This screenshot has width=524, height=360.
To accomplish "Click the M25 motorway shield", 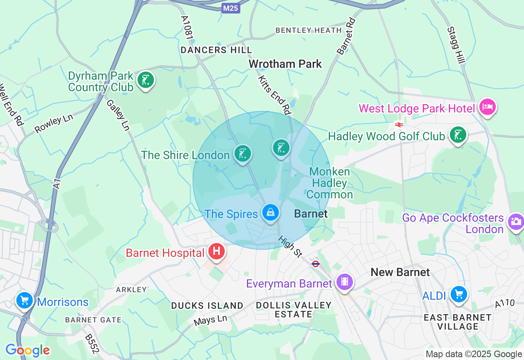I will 231,8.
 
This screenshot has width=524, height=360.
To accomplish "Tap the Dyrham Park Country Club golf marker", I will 145,80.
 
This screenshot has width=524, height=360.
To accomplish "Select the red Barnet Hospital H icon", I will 217,251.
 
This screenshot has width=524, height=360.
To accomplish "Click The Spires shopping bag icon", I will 271,212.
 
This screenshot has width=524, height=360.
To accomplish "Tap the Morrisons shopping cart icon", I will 25,301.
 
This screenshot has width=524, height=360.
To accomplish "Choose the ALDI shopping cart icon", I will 458,294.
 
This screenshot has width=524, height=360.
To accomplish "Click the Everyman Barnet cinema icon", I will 344,282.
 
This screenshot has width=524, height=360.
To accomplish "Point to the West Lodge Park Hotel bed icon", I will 487,107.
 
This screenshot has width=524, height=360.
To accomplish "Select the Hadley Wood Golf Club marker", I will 458,135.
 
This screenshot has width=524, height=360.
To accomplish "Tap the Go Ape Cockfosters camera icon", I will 515,222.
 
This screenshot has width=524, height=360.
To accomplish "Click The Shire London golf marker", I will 243,154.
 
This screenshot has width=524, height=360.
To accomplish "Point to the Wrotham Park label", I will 285,64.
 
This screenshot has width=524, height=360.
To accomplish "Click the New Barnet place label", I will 400,272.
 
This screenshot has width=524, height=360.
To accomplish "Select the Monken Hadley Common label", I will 330,183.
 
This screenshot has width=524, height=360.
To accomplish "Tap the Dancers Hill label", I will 216,50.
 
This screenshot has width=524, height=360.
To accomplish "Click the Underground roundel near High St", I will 315,264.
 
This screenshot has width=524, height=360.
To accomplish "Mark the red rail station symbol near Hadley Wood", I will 399,124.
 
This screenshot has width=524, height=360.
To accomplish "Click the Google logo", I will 27,350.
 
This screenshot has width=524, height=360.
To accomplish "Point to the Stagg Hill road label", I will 456,45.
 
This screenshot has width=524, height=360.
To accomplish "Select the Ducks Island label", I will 207,306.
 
